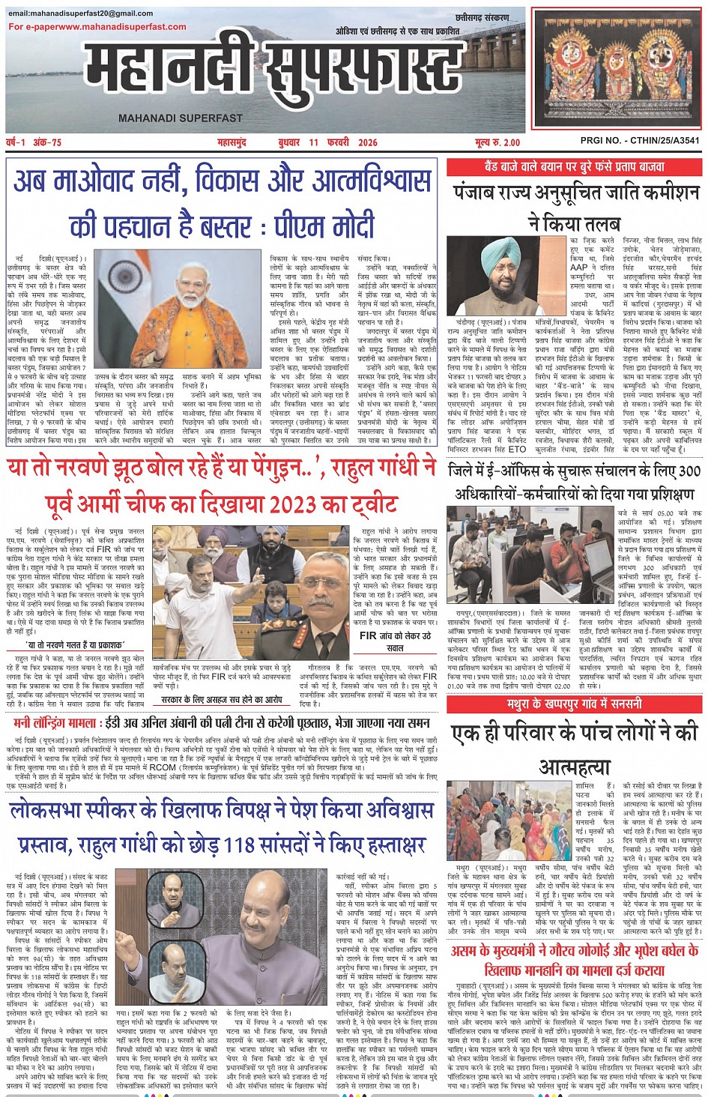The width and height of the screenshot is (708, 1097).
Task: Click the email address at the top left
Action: [81, 13]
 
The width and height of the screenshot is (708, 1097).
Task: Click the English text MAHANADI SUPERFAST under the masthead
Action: [181, 118]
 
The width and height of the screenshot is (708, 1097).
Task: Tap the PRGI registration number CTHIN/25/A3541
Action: [641, 140]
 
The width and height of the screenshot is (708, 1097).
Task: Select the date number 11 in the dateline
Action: [312, 142]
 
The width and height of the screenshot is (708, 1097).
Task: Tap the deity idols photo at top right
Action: [617, 69]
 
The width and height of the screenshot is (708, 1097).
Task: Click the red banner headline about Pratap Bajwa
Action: [575, 167]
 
